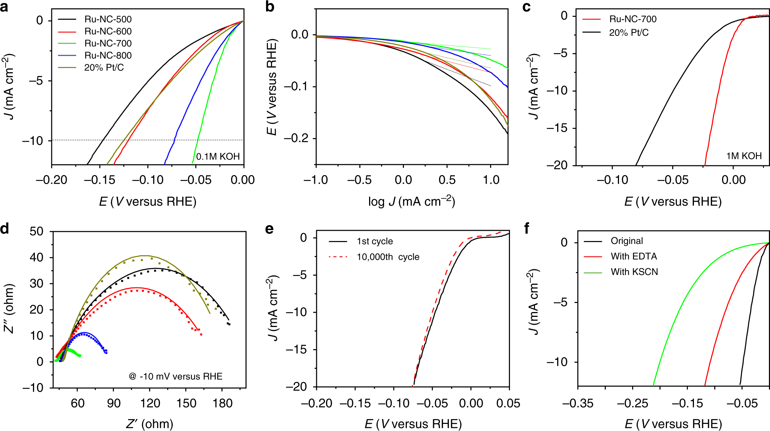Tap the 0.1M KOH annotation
click(x=218, y=156)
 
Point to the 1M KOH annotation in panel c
click(x=744, y=156)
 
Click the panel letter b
click(x=270, y=6)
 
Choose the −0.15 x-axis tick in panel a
click(x=100, y=180)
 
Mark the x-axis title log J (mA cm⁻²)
click(x=411, y=202)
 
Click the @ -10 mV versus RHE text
click(x=175, y=376)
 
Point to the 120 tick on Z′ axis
click(x=150, y=403)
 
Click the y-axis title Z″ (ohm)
click(x=9, y=309)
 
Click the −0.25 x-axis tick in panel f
click(x=632, y=403)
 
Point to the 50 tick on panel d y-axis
click(x=36, y=232)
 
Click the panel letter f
click(x=526, y=228)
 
